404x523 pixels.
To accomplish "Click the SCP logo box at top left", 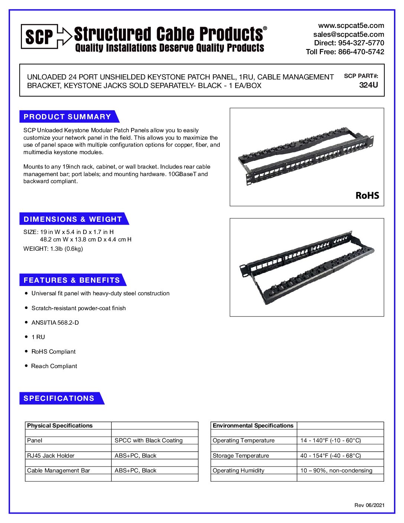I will click(39, 36).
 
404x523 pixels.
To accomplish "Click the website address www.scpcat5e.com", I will click(351, 26).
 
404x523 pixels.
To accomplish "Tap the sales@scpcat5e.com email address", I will click(349, 34).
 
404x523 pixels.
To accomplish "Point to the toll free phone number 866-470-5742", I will click(361, 52).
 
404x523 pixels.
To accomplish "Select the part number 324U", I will click(368, 85).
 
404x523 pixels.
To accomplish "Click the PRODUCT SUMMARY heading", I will click(67, 117).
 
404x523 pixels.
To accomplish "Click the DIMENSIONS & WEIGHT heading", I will click(73, 219).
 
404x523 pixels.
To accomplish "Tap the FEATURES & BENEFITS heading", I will click(72, 280).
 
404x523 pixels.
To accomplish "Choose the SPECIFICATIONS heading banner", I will click(59, 398).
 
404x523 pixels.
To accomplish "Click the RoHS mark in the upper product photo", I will click(367, 195).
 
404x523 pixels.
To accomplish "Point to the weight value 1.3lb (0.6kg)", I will click(66, 249).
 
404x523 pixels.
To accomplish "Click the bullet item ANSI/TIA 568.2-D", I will click(55, 322).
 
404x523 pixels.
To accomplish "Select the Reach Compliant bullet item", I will click(54, 366).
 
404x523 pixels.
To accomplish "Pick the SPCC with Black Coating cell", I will click(149, 441).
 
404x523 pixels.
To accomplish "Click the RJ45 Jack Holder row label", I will click(51, 456).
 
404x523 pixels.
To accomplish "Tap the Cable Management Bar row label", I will click(59, 471).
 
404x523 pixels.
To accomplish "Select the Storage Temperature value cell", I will click(330, 456).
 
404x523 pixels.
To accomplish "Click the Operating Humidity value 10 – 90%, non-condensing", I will click(336, 471).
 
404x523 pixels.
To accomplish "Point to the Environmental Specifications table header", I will click(253, 426).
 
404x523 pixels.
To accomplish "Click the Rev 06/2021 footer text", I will click(369, 505).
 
